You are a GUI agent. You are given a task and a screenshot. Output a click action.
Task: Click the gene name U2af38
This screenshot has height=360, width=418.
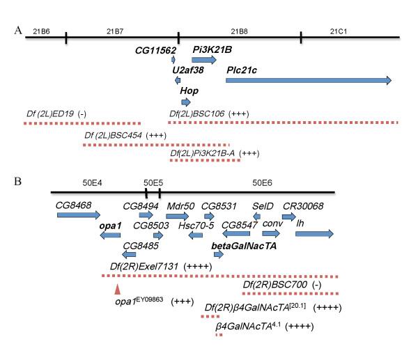coord(189,70)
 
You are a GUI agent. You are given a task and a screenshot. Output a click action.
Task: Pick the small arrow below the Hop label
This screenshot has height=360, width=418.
coord(185,102)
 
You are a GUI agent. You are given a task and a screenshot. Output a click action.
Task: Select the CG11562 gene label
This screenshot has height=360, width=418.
coord(155,49)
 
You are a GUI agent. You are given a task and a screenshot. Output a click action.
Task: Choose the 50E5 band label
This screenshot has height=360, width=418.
coord(153,182)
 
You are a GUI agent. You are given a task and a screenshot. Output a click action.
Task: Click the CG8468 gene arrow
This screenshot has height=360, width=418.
coord(79,215)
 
